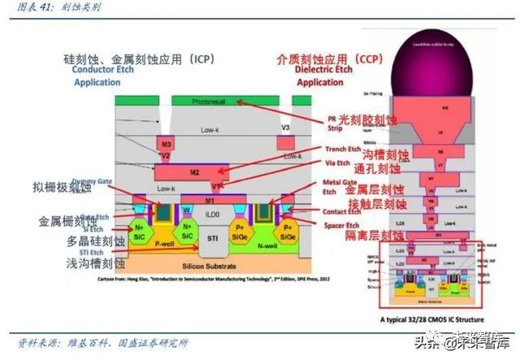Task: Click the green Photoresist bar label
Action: click(x=213, y=102)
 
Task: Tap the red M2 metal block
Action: click(x=194, y=172)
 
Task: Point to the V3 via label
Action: click(x=284, y=128)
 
